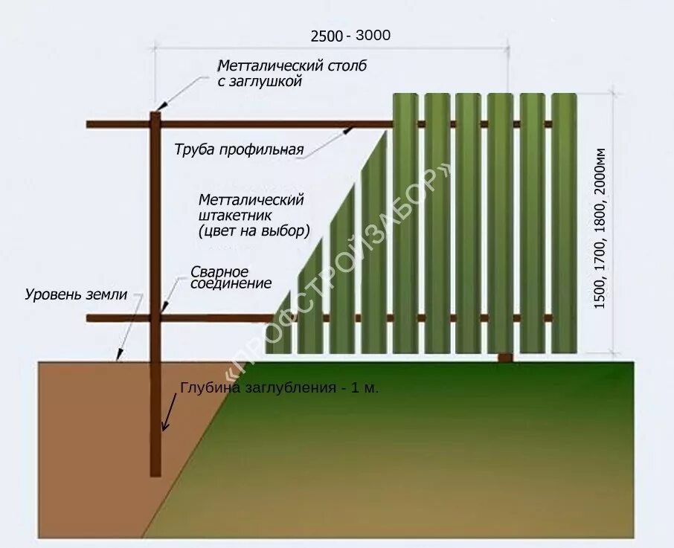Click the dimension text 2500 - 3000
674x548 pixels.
point(350,35)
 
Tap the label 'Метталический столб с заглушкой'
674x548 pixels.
point(292,74)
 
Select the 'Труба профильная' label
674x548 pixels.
point(239,150)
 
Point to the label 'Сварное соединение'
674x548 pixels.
point(231,277)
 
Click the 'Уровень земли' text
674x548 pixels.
point(75,294)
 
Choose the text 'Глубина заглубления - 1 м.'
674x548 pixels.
point(279,388)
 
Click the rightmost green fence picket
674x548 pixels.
point(563,223)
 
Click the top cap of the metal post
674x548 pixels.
point(155,114)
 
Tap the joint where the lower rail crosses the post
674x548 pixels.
point(155,318)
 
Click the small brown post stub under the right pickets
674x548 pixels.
point(505,358)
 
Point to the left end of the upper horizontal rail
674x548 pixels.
point(89,124)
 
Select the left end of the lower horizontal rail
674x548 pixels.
point(89,318)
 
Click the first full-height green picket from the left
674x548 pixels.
point(405,223)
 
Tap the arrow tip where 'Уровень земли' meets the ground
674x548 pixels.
point(116,360)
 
